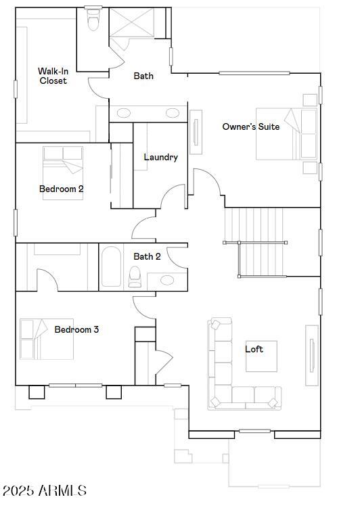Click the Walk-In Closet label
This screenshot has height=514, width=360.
(52, 76)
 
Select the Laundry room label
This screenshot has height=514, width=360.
(160, 157)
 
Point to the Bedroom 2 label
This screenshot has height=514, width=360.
(61, 189)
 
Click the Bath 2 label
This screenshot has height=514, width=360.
(147, 256)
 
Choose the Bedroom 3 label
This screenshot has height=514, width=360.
(76, 329)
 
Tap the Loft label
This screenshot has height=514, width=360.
(254, 349)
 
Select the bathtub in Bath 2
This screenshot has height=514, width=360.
(111, 266)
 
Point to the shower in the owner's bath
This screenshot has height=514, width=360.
(133, 26)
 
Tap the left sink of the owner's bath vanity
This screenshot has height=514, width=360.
(125, 113)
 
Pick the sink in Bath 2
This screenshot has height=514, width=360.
(166, 279)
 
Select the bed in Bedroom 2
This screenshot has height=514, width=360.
(63, 162)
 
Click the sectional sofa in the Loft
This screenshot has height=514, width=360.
(230, 379)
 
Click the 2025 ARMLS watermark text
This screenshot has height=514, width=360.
(44, 490)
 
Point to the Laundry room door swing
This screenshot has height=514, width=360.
(174, 197)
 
